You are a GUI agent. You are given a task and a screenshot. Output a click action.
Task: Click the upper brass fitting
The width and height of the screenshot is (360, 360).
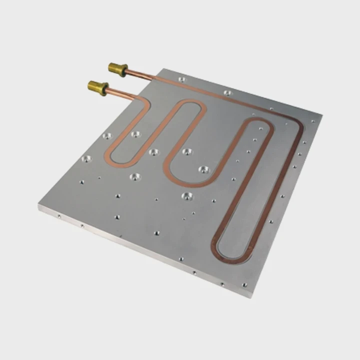(x=117, y=68)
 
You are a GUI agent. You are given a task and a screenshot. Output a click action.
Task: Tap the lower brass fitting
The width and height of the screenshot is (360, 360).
(x=97, y=87)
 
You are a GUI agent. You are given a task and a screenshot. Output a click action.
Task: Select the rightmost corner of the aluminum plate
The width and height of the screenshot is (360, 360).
(x=321, y=116)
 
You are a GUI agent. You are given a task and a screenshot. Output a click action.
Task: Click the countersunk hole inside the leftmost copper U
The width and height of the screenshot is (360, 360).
(x=135, y=134)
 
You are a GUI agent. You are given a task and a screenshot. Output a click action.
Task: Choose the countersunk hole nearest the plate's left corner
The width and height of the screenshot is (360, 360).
(x=86, y=159)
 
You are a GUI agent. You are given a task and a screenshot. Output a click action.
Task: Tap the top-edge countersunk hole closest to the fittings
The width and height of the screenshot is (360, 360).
(x=181, y=79)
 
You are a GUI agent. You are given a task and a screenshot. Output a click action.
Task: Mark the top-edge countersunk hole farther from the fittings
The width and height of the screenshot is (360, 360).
(x=227, y=93)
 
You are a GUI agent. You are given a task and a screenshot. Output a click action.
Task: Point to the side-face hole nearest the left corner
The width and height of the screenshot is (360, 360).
(x=59, y=216)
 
